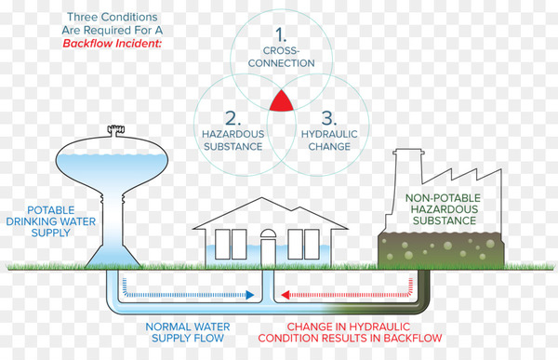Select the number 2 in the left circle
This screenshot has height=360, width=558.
[x=230, y=117]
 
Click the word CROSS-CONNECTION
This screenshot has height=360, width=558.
[x=281, y=57]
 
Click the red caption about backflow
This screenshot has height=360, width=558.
[x=364, y=333]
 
